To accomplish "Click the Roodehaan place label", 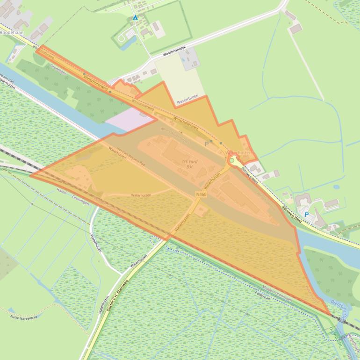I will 10,33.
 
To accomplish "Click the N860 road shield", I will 201,194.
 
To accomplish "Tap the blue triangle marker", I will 135,17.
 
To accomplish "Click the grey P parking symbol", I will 206,144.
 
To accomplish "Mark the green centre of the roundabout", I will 231,160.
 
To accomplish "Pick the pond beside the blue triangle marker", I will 125,43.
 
